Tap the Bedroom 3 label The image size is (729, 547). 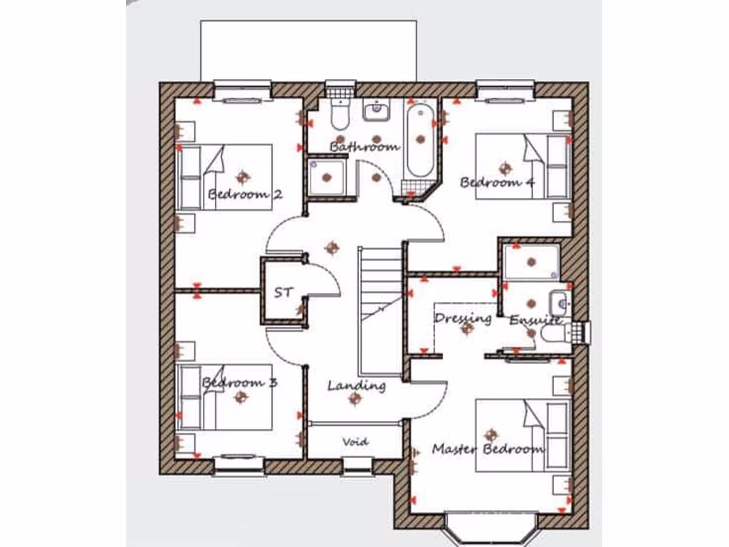click(x=239, y=383)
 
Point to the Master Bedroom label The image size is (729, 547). click(x=488, y=449)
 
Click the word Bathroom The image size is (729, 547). click(x=364, y=147)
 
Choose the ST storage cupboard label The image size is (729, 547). click(x=282, y=293)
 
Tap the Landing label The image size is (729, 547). click(x=357, y=386)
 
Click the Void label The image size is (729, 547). click(x=355, y=442)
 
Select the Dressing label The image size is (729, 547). click(x=463, y=318)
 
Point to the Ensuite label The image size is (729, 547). click(x=535, y=321)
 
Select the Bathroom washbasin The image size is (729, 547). click(x=376, y=110)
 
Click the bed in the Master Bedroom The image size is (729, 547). click(x=523, y=434)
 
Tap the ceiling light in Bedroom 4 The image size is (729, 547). click(x=505, y=168)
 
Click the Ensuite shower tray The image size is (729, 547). click(x=531, y=261)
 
